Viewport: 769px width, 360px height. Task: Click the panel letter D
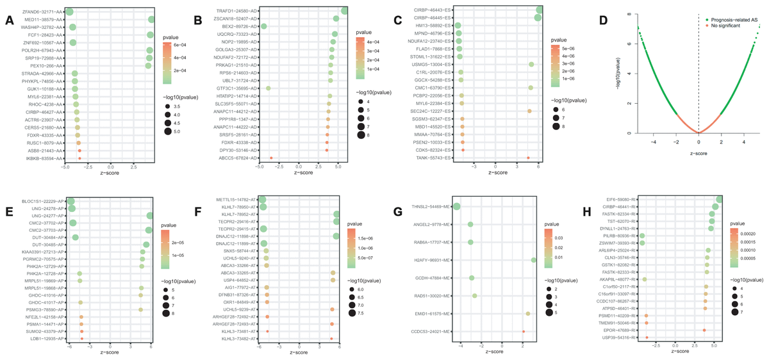[603, 20]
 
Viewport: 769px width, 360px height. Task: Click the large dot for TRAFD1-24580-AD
[345, 10]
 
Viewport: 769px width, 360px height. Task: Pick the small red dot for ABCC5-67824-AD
[271, 158]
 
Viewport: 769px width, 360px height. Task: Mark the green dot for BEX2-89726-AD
[263, 26]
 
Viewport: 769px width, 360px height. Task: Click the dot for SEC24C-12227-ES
[529, 111]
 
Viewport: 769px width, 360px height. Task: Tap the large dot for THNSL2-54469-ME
[457, 206]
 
